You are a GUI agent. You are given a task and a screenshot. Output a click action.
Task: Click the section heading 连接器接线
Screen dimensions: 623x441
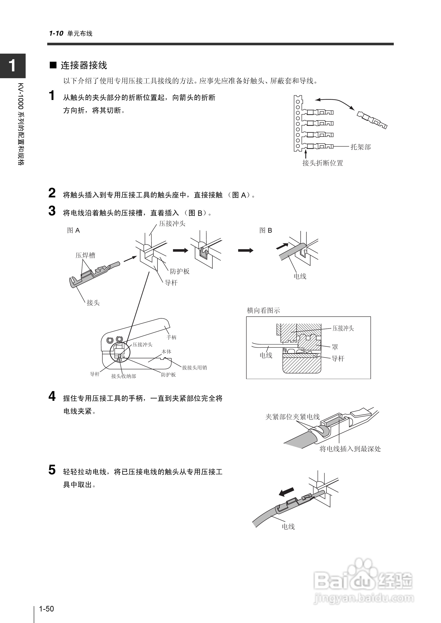(x=84, y=65)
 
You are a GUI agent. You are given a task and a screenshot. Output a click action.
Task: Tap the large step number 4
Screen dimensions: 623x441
(x=52, y=397)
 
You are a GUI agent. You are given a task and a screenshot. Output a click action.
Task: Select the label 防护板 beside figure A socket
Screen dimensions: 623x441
(x=179, y=271)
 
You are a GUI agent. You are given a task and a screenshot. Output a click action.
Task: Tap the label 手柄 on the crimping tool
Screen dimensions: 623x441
(x=171, y=337)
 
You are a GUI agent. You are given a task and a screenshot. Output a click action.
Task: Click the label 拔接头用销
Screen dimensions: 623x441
(x=194, y=367)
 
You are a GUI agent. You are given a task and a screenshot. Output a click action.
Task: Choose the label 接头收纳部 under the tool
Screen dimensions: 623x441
(x=123, y=376)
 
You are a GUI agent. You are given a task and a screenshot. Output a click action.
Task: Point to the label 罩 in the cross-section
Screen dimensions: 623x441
(x=335, y=347)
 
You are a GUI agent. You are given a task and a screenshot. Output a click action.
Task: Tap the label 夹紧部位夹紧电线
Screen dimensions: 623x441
(x=293, y=417)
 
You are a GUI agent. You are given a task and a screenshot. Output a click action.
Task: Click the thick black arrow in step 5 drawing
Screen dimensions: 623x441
(x=287, y=491)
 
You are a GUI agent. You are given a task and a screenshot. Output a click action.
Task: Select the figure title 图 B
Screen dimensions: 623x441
(x=265, y=231)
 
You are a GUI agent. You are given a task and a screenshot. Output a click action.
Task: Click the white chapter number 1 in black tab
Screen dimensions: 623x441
(x=12, y=66)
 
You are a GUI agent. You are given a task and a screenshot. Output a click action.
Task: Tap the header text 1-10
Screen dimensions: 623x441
(x=56, y=33)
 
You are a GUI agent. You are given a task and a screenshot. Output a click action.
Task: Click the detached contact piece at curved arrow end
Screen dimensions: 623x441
(x=372, y=120)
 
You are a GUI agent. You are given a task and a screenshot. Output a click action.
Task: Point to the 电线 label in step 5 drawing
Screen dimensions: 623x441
(x=288, y=527)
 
